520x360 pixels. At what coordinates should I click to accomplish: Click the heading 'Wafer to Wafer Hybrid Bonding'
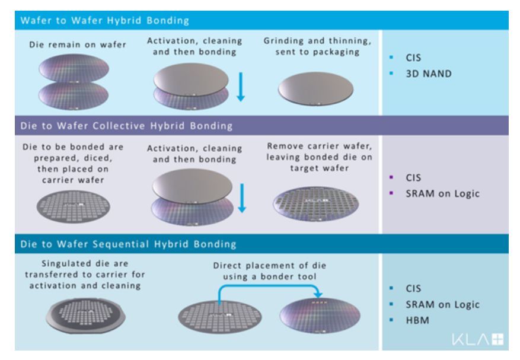pos(105,21)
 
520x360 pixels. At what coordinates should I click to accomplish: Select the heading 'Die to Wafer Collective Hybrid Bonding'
pos(126,126)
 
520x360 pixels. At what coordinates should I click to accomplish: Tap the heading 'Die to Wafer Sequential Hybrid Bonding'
pos(128,244)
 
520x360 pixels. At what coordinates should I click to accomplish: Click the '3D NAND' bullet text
pos(428,74)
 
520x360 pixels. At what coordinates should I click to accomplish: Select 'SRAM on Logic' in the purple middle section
pos(442,193)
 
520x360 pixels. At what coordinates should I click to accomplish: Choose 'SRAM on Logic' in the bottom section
pos(442,305)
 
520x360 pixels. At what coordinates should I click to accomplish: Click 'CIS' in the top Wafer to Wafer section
pos(413,58)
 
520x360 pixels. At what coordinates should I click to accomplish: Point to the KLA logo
pos(478,340)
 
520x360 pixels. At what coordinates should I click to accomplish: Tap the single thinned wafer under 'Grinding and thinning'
pos(315,90)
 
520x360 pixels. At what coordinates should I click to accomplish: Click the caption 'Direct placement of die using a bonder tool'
pos(270,271)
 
